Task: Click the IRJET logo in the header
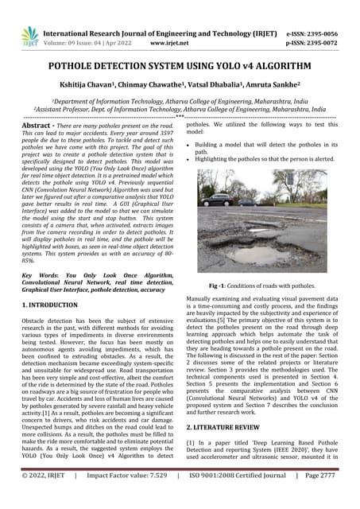30,35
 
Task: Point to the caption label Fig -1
219,284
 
